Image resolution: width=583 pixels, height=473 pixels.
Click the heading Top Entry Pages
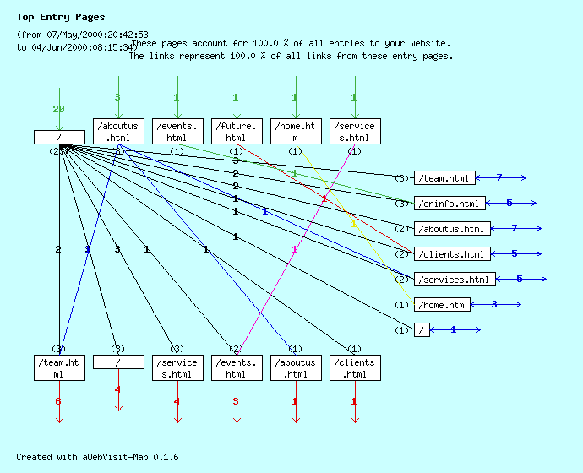[61, 17]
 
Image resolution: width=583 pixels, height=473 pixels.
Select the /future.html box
[236, 132]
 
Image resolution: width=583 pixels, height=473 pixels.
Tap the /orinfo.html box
[450, 204]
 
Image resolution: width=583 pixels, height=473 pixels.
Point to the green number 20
[58, 109]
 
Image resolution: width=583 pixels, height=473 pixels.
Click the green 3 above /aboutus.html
[117, 97]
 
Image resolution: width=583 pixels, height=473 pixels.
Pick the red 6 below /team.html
[58, 401]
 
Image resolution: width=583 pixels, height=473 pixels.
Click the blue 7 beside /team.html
[499, 177]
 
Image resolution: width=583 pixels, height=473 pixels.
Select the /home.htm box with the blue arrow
[442, 305]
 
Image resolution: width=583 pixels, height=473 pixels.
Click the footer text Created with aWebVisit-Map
[97, 457]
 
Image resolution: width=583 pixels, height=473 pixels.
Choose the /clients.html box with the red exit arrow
[354, 368]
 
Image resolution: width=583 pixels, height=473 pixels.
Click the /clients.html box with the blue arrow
[450, 254]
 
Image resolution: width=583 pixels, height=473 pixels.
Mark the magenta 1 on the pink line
[294, 249]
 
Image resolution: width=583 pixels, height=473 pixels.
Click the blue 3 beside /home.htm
[494, 304]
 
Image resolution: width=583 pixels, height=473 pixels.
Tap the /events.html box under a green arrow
[177, 132]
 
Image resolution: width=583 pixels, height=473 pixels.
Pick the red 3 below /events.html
[236, 401]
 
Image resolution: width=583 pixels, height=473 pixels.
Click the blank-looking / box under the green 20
[59, 137]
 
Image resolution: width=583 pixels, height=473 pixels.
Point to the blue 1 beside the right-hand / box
[453, 329]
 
